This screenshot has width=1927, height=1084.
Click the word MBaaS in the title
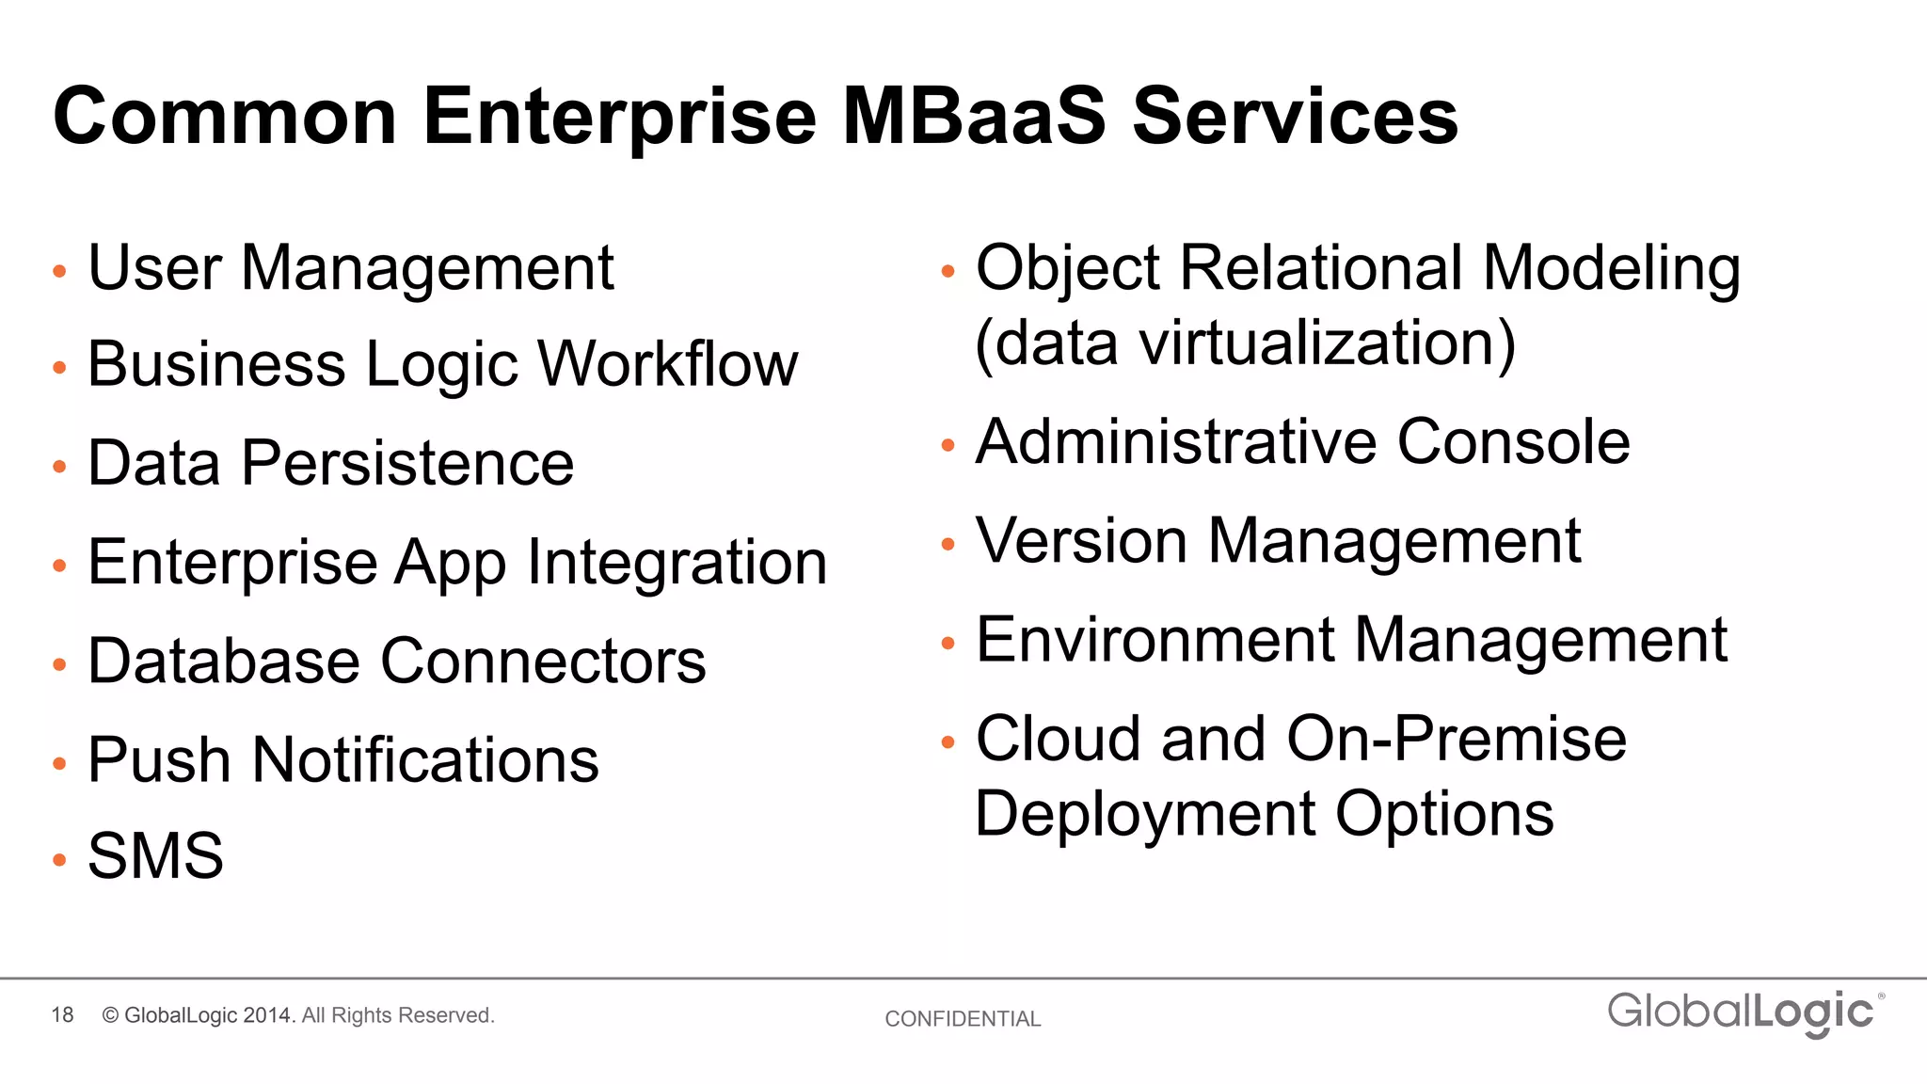pos(974,117)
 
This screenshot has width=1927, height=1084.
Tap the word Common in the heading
pos(225,117)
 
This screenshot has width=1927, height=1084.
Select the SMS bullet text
pos(155,856)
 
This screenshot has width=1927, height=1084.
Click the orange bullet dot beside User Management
pos(59,272)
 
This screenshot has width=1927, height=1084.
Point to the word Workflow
pos(668,364)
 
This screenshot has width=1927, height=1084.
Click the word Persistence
pos(407,463)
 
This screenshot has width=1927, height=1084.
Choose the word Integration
pos(677,563)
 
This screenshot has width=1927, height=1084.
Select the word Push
pos(159,759)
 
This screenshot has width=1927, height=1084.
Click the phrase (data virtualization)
pos(1245,343)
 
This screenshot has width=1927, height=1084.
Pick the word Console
pos(1513,441)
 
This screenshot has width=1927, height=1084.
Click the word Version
pos(1081,541)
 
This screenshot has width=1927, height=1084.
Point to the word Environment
pos(1155,640)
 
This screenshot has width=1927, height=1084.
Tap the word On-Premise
pos(1457,739)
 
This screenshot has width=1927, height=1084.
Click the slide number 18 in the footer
pos(62,1015)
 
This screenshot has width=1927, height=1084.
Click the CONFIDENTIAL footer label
pos(963,1019)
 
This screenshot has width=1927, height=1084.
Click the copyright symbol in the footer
pos(110,1015)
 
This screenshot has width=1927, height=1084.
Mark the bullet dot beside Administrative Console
pos(948,445)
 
